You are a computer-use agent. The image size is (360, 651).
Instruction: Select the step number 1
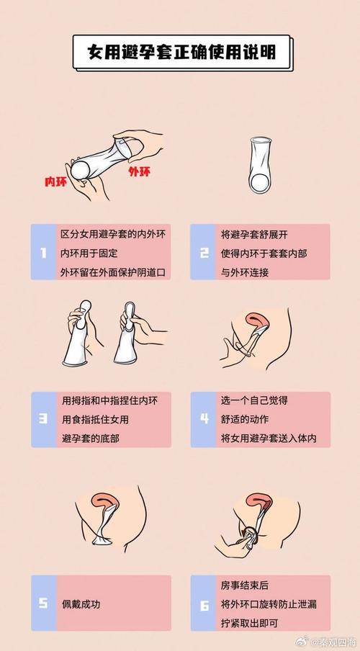pos(43,252)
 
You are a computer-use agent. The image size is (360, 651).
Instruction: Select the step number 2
pos(204,252)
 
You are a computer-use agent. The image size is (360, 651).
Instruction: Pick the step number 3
pos(43,419)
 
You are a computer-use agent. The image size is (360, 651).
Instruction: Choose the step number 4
pos(204,419)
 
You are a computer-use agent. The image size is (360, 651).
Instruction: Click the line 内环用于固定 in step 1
pos(89,253)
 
